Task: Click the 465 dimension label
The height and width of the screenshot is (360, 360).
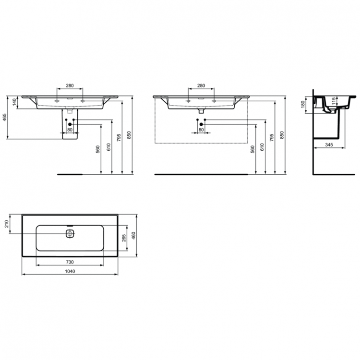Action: pyautogui.click(x=4, y=118)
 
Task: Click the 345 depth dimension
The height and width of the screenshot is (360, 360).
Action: pyautogui.click(x=329, y=144)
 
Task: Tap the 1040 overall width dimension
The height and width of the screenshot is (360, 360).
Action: pyautogui.click(x=70, y=271)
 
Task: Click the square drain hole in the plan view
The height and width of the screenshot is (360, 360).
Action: pyautogui.click(x=70, y=234)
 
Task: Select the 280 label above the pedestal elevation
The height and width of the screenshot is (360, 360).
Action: pyautogui.click(x=70, y=86)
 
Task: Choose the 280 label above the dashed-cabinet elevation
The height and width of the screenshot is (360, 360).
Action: pyautogui.click(x=201, y=86)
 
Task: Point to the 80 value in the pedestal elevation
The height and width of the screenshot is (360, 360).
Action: pyautogui.click(x=70, y=130)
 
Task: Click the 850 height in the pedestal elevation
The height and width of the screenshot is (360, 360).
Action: pyautogui.click(x=129, y=136)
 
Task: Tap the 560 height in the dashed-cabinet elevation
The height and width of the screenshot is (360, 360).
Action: pyautogui.click(x=252, y=149)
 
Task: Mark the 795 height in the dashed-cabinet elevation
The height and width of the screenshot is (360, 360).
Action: pyautogui.click(x=272, y=137)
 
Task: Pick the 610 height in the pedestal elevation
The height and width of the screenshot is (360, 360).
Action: pyautogui.click(x=108, y=147)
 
